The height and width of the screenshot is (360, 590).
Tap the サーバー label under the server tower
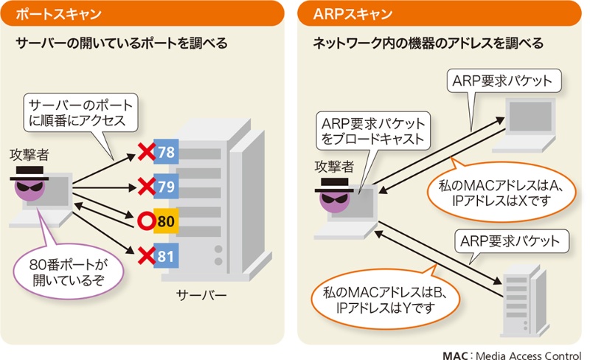coord(201,296)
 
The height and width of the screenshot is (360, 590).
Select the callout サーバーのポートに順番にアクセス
coord(80,111)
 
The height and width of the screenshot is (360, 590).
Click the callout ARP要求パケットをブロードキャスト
coord(370,130)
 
